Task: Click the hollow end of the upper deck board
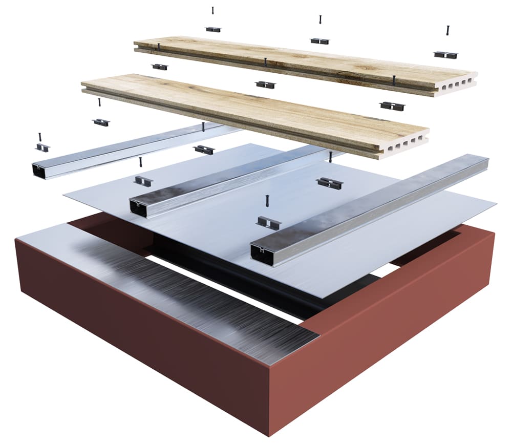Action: [458, 84]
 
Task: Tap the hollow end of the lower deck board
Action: [410, 143]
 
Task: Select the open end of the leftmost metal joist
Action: [39, 171]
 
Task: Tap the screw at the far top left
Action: [212, 10]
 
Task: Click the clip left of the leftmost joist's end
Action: [42, 148]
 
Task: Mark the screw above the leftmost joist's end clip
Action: [39, 137]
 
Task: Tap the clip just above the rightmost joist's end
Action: [268, 222]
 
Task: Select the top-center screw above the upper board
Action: [321, 20]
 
